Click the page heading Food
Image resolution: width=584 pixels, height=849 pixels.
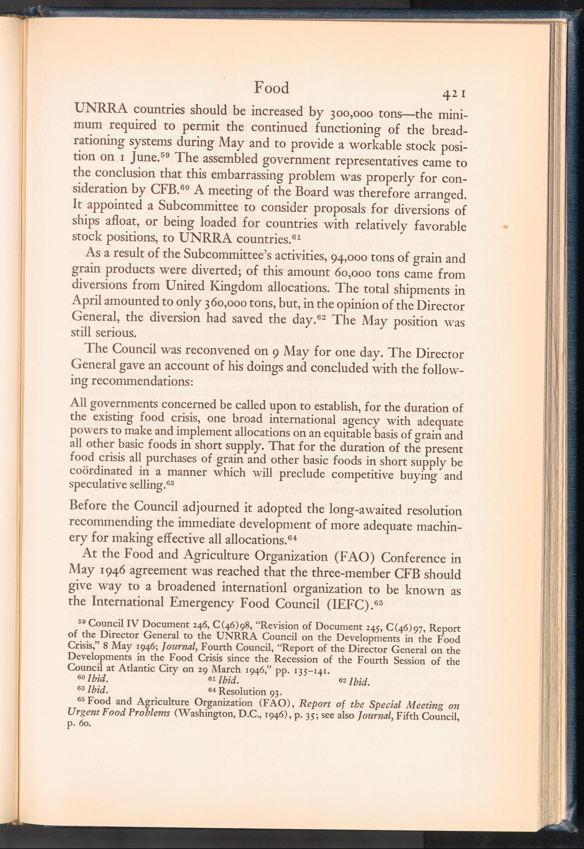(272, 88)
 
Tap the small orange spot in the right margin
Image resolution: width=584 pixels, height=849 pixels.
(506, 227)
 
